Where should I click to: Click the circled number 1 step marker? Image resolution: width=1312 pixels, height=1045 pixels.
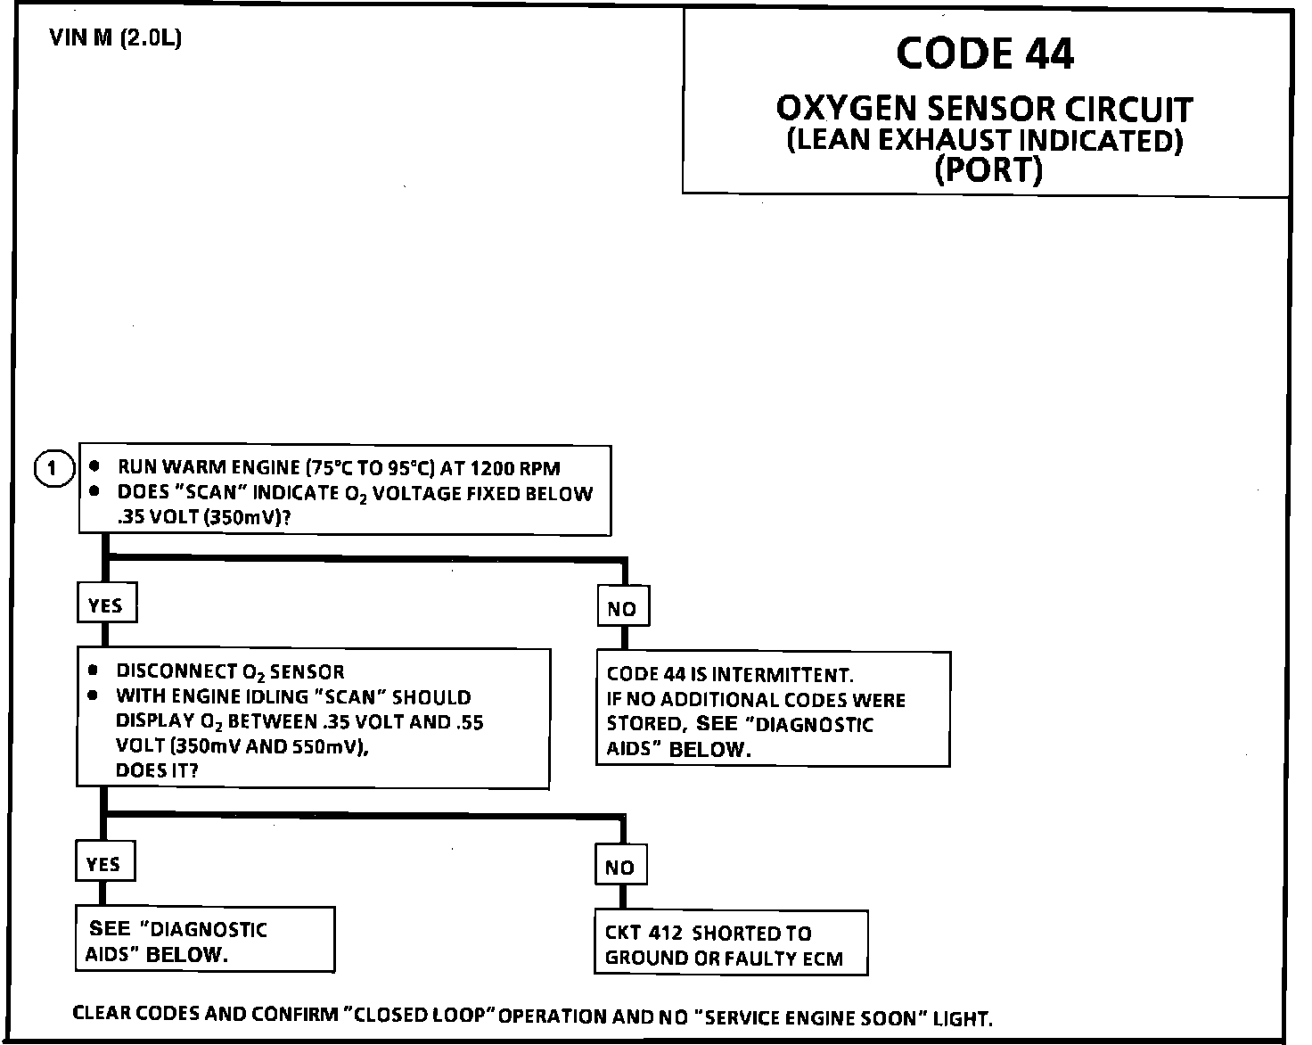pos(53,468)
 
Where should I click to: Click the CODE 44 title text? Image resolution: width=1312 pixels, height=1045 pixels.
pos(985,53)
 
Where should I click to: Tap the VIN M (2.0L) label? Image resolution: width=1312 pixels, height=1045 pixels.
pos(117,39)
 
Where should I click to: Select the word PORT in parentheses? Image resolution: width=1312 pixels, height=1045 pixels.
pos(988,169)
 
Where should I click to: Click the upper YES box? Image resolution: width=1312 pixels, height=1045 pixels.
pos(105,605)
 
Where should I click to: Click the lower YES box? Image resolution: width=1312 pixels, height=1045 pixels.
pos(103,864)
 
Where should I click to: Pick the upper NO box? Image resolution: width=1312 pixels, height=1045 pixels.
pos(622,608)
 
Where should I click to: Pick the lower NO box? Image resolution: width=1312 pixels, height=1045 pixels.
pos(620,868)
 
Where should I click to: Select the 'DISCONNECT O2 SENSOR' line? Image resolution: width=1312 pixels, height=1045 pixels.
pos(230,672)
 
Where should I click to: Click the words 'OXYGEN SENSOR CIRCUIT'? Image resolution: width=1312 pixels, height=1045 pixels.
pos(984,110)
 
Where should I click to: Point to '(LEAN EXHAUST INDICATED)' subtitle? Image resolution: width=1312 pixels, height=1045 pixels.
pos(985,141)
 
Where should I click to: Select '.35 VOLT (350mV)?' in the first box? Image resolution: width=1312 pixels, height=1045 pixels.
pos(204,518)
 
